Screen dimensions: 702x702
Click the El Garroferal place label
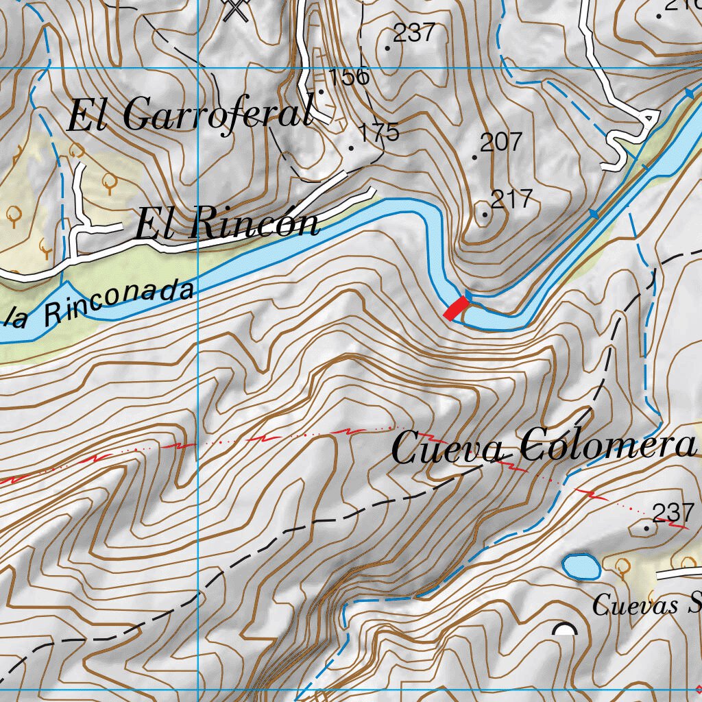coord(191,115)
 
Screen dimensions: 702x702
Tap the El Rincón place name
coord(227,224)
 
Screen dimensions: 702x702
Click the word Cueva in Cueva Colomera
coord(449,449)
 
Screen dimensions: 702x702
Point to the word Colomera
coord(607,446)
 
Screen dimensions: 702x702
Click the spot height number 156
coord(349,77)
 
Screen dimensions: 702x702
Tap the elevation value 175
coord(379,132)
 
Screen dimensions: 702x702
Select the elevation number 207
coord(501,143)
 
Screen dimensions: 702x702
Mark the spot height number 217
coord(512,199)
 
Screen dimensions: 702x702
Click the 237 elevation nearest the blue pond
coord(673,512)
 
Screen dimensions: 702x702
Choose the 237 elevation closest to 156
coord(415,32)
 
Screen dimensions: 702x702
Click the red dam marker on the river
coord(456,308)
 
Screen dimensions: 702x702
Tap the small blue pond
coord(581,567)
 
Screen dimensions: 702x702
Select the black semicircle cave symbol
coord(565,629)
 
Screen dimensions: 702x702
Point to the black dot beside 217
coord(485,215)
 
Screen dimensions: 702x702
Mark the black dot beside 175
coord(352,147)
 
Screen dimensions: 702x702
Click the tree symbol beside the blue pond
coord(622,566)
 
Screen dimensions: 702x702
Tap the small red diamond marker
coord(698,688)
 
